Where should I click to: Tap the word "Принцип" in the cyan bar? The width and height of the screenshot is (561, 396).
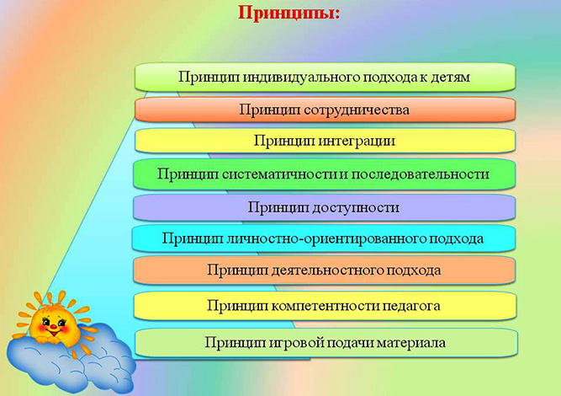click(190, 238)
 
